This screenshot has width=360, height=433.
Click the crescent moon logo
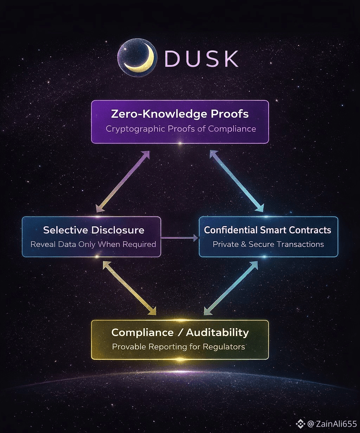pyautogui.click(x=137, y=58)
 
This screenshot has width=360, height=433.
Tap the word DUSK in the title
pyautogui.click(x=201, y=59)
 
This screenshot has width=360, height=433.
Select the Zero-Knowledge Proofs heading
pyautogui.click(x=180, y=114)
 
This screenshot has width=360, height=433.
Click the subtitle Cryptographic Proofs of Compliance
pyautogui.click(x=181, y=129)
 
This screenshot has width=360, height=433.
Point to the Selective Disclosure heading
pyautogui.click(x=94, y=230)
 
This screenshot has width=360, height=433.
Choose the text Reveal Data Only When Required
pyautogui.click(x=93, y=244)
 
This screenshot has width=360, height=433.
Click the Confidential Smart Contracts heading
pyautogui.click(x=268, y=230)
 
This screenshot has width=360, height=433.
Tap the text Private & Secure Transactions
pyautogui.click(x=268, y=244)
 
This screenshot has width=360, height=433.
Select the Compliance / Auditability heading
pyautogui.click(x=180, y=332)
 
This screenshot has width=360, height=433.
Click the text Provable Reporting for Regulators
pyautogui.click(x=178, y=347)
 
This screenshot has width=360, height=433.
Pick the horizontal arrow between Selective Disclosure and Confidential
pyautogui.click(x=179, y=238)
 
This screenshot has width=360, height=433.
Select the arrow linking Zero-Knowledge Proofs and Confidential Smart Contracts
pyautogui.click(x=237, y=181)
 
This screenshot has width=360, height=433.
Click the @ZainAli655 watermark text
pyautogui.click(x=332, y=424)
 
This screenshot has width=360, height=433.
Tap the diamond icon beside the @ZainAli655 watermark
pyautogui.click(x=300, y=424)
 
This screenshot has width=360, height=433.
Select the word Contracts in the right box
pyautogui.click(x=313, y=230)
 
